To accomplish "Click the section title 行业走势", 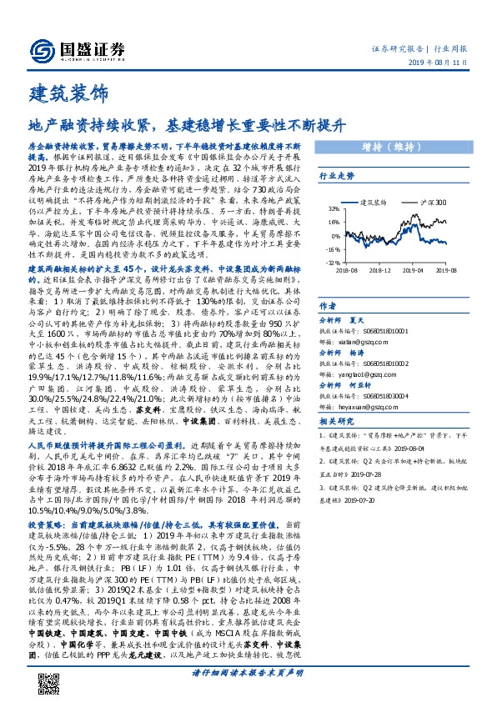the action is [x=337, y=177].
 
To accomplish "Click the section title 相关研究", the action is [x=338, y=423].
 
